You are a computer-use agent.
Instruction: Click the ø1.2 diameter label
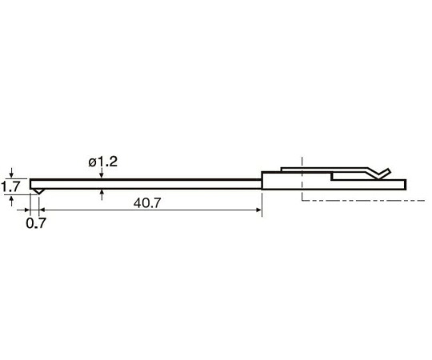coord(103,162)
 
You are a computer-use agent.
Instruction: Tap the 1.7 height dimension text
coord(10,186)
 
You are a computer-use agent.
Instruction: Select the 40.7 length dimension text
coord(147,203)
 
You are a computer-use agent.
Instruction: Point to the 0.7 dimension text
coord(36,223)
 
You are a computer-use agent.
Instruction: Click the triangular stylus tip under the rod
coord(38,191)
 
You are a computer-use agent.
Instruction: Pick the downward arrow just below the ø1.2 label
coord(102,173)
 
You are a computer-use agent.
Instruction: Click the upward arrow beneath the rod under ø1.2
coord(102,194)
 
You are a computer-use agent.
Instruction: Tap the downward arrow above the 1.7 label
coord(11,172)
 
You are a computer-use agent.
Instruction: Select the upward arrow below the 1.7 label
coord(11,201)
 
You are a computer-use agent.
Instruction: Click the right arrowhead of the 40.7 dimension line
coord(258,210)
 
